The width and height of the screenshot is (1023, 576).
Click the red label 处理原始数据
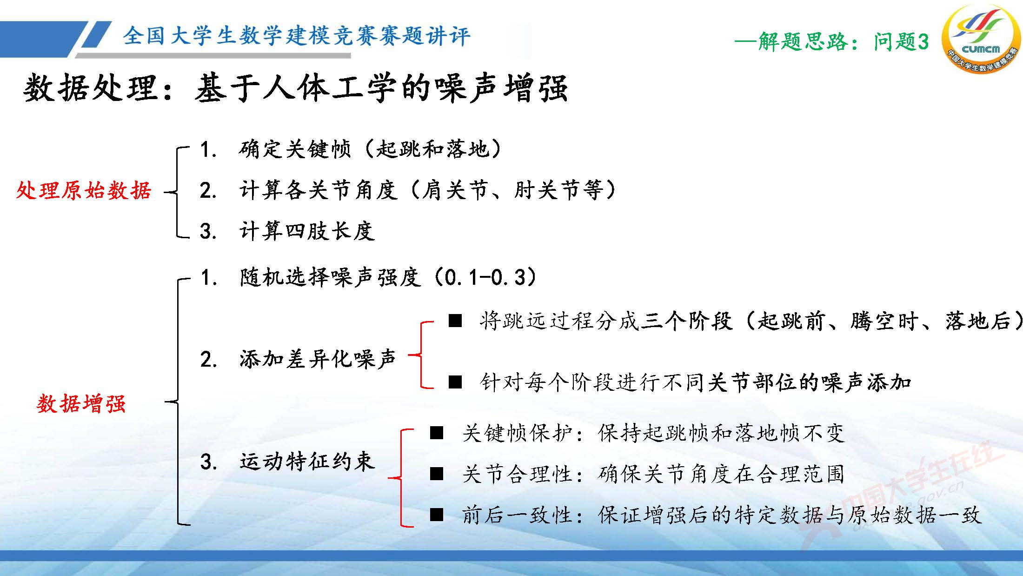click(84, 191)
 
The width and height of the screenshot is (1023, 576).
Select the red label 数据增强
click(81, 403)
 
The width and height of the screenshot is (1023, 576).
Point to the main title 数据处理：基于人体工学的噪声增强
click(295, 88)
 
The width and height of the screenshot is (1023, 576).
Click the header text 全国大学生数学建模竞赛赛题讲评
click(296, 36)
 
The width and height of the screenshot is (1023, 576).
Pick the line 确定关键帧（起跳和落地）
click(370, 149)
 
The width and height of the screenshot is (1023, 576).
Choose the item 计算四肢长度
click(307, 231)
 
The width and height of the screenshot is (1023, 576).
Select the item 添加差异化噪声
click(317, 359)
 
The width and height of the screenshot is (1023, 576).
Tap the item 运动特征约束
click(307, 462)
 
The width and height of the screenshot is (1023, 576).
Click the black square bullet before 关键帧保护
click(437, 433)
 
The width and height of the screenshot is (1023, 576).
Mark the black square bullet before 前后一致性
click(437, 515)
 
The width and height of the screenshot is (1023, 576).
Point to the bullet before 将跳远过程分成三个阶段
click(455, 321)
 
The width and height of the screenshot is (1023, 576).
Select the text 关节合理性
click(516, 474)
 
